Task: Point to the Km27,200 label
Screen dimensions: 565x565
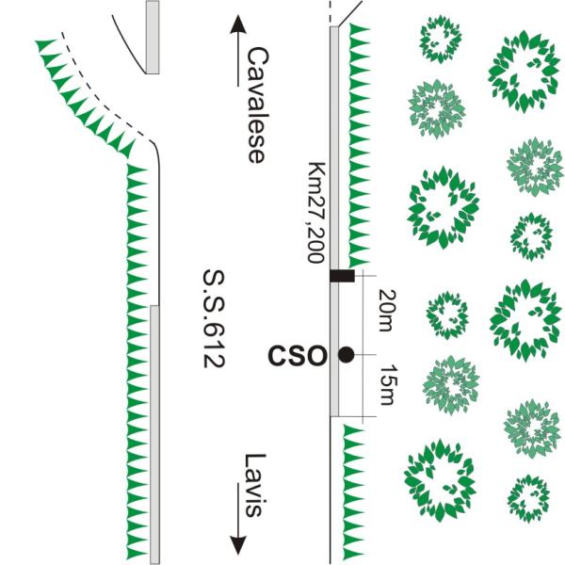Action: pos(317,213)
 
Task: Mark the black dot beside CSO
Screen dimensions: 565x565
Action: pos(347,355)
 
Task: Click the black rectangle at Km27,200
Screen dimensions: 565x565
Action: pos(341,276)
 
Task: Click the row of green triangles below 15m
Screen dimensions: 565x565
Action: pos(356,490)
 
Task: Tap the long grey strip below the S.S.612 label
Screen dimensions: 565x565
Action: pos(153,433)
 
